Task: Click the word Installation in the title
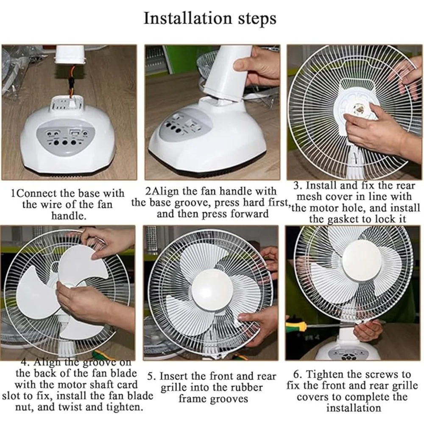[188, 18]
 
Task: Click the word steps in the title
[257, 20]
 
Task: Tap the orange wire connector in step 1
[71, 81]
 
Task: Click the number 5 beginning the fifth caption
[151, 377]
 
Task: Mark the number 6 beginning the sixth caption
[297, 374]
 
